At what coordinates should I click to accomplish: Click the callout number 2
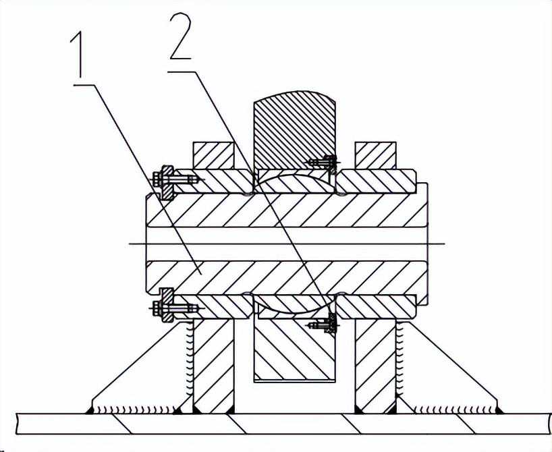[181, 36]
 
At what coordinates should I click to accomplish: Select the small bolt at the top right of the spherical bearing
[324, 163]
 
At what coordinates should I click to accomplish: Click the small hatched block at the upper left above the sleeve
[213, 155]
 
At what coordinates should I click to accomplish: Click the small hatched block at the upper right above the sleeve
[376, 155]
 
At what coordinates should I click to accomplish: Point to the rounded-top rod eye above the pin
[294, 130]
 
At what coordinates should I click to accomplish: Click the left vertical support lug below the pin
[213, 366]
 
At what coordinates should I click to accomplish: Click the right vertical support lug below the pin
[376, 366]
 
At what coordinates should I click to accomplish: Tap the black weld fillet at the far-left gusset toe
[90, 410]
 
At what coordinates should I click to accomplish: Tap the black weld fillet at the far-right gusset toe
[499, 410]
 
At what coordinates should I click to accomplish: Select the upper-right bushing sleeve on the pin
[377, 181]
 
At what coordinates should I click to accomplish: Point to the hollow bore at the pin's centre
[287, 244]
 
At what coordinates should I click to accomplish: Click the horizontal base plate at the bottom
[283, 424]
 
